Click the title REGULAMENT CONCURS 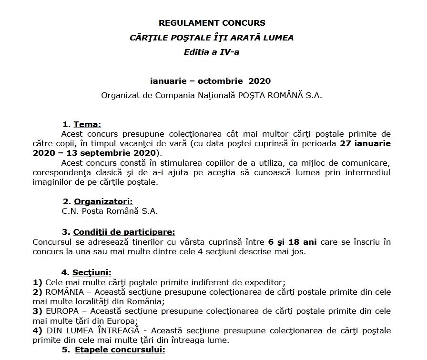coord(212,23)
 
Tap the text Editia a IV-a coord(212,52)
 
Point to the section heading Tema coord(87,125)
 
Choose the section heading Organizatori coord(103,200)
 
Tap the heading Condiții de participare coord(124,232)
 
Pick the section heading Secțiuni coord(91,273)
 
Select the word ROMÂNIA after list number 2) coord(64,291)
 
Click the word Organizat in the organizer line coord(120,95)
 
